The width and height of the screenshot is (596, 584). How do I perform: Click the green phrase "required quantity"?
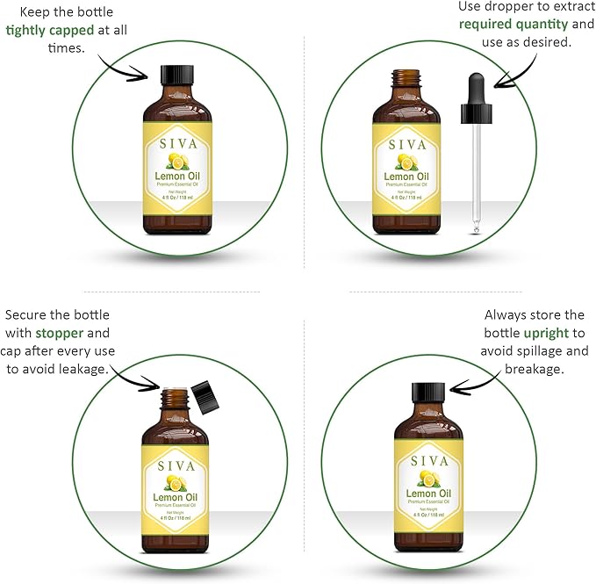(508, 24)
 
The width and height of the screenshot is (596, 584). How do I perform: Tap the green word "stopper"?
(61, 333)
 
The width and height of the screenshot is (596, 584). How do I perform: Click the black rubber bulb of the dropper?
(476, 96)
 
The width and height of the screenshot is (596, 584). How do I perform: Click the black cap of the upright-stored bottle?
(427, 392)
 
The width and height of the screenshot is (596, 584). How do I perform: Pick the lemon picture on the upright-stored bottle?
(427, 479)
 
